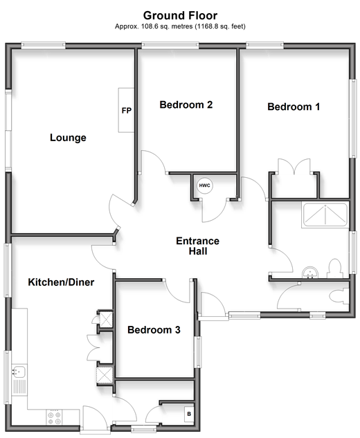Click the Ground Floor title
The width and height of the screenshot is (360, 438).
point(180,16)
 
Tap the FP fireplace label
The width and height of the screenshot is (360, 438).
point(126,111)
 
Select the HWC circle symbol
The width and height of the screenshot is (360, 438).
point(205,185)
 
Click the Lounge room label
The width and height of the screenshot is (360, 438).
point(68,138)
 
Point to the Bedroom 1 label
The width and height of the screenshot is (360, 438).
point(294,107)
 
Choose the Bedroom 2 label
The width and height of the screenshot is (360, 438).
point(186,104)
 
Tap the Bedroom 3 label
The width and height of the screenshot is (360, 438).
point(154,330)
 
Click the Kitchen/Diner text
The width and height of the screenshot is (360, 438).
point(61,282)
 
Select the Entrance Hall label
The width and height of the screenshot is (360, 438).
point(197,246)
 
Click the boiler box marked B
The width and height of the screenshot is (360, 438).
point(189,414)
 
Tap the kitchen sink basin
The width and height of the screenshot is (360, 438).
point(19,372)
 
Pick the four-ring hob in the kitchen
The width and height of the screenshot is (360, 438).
point(54,418)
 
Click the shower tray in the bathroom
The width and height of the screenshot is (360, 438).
point(325,215)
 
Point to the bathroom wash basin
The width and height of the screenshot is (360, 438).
point(310,273)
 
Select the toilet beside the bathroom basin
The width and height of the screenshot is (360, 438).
point(335,268)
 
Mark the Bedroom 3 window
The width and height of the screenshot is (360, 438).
point(198,352)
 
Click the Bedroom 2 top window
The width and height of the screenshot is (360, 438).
point(170,45)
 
